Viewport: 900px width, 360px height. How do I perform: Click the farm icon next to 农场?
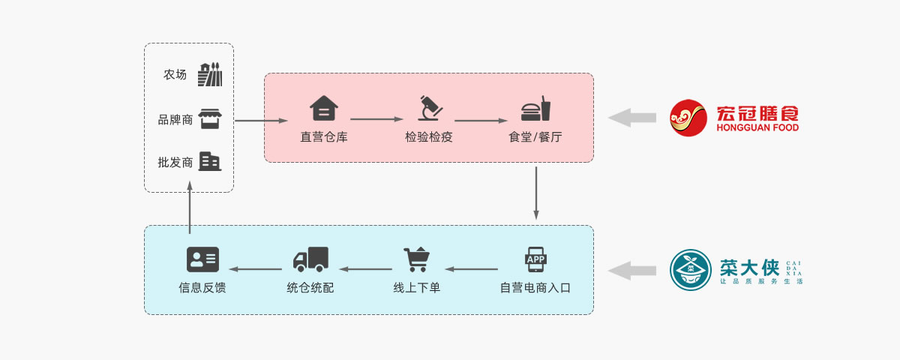pos(210,75)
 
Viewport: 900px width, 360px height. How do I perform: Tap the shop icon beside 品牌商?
pos(210,118)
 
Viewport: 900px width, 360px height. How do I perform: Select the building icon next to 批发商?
pos(210,161)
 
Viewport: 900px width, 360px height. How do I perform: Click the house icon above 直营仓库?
pos(324,109)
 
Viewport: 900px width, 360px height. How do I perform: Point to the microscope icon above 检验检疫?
pos(430,109)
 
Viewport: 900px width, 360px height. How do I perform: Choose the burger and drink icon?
pos(535,109)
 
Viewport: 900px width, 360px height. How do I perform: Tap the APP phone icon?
pos(535,259)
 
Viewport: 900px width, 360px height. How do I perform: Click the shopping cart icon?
pos(416,259)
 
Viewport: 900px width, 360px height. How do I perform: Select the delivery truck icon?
pos(310,259)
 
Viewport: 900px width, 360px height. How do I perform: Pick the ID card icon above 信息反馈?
pos(202,259)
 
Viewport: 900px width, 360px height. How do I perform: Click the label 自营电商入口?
pos(535,287)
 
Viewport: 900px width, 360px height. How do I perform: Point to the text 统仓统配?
pos(310,287)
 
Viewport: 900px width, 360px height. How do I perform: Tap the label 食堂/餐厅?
pos(535,137)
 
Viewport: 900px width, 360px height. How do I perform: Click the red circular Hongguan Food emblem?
pos(688,118)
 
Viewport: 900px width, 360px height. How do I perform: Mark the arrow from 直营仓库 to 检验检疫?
pos(377,118)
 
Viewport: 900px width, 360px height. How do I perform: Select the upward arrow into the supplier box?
pos(190,210)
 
